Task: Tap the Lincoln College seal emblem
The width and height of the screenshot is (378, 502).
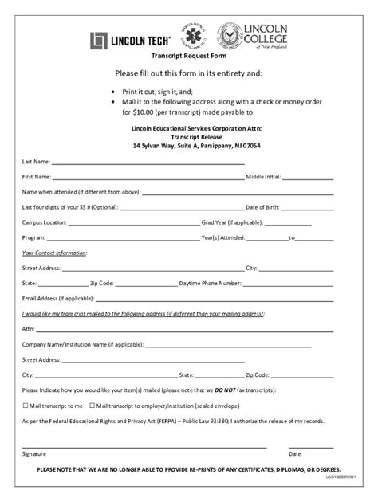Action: tap(230, 37)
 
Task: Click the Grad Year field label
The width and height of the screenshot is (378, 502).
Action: tap(232, 222)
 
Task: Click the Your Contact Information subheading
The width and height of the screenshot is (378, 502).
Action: tap(54, 253)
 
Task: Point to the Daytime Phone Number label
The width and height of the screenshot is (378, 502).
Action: tap(210, 283)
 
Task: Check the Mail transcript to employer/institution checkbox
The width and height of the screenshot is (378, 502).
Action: tap(92, 406)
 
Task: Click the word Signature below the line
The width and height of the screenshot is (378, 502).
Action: tap(34, 454)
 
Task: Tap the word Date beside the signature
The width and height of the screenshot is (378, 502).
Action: tap(295, 454)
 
